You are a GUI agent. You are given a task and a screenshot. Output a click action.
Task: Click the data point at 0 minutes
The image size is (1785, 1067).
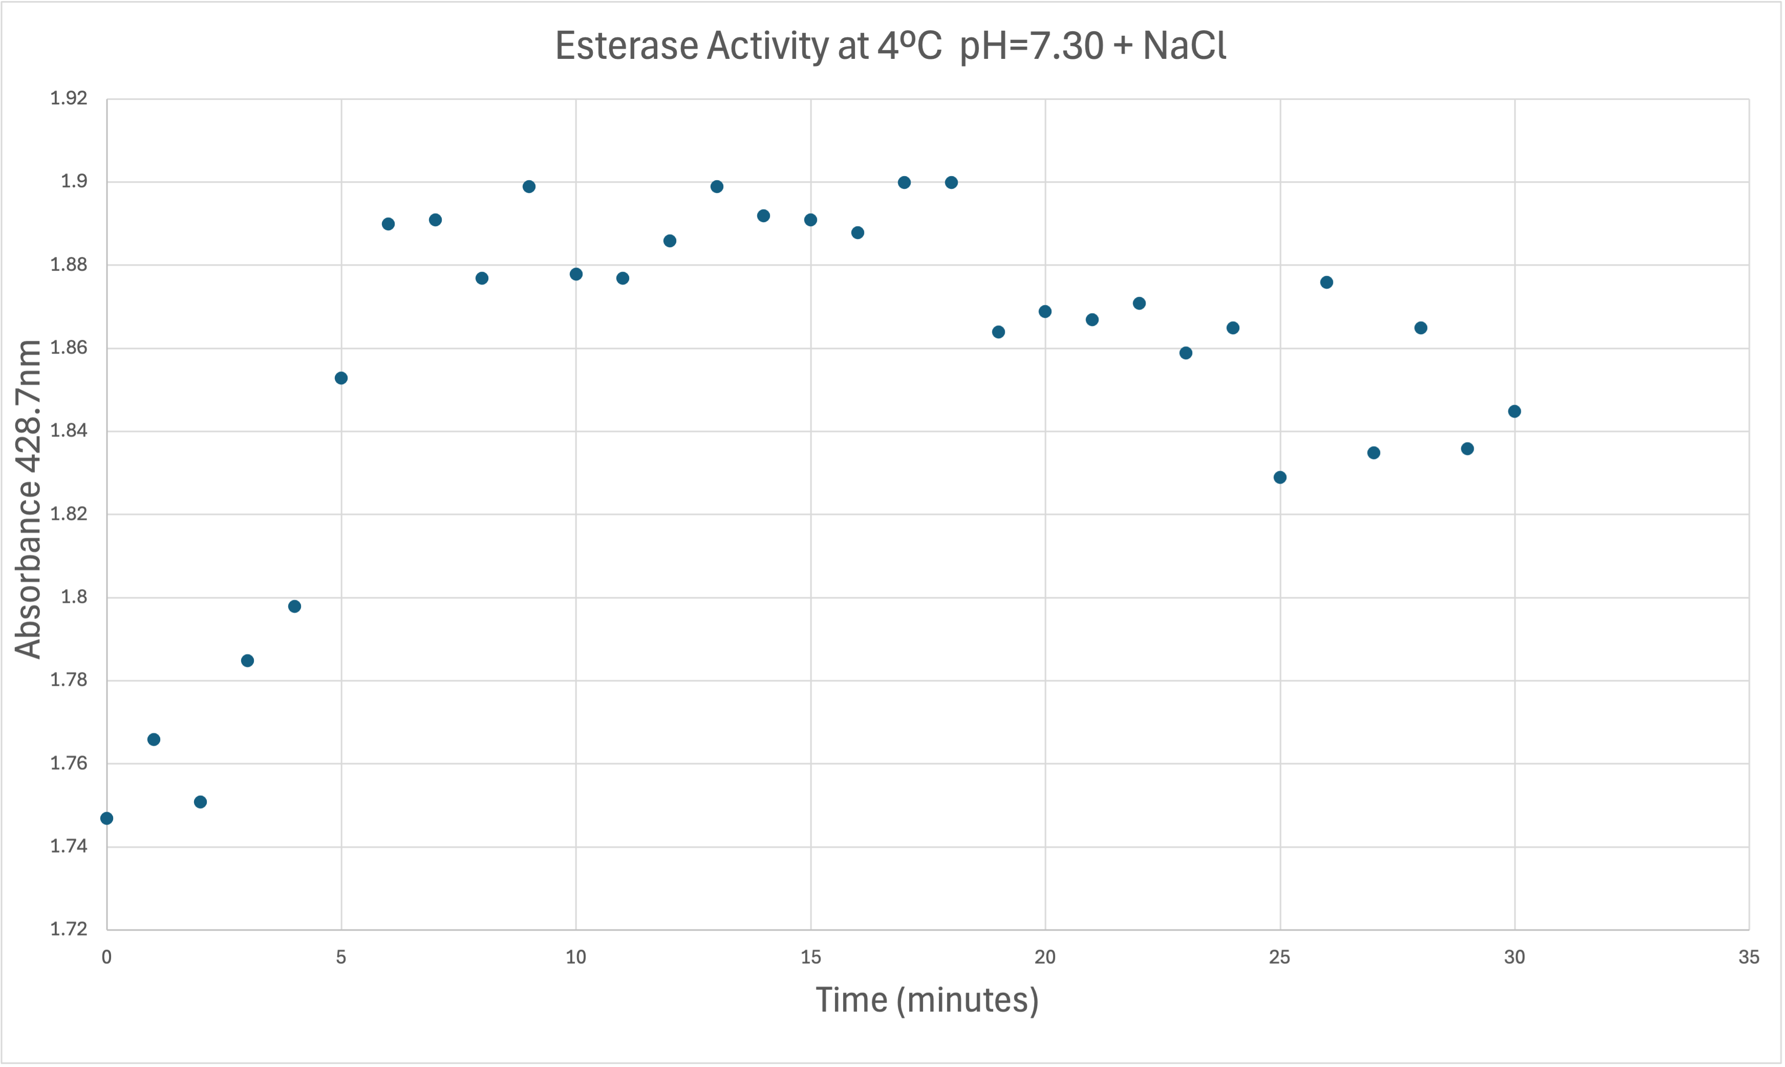[x=106, y=818]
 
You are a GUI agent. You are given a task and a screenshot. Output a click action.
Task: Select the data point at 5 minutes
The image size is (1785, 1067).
[x=341, y=378]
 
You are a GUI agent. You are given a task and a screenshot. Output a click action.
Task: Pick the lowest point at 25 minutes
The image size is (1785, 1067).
[x=1279, y=477]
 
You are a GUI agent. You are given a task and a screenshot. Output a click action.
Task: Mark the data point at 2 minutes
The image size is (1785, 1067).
[x=201, y=802]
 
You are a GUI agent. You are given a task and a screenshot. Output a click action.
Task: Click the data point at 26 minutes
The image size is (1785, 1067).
[x=1327, y=282]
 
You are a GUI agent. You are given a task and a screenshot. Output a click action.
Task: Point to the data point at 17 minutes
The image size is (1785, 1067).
[x=904, y=183]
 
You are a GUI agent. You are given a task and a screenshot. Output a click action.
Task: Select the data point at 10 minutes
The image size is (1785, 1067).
[x=576, y=274]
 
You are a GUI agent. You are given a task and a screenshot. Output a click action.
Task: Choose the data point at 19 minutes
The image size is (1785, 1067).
[x=998, y=332]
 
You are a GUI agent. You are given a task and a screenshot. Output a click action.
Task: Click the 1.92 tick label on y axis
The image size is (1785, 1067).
[x=68, y=98]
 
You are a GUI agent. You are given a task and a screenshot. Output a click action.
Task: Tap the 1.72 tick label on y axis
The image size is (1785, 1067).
[x=68, y=929]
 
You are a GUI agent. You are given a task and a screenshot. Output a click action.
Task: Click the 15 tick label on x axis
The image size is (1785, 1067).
[x=810, y=957]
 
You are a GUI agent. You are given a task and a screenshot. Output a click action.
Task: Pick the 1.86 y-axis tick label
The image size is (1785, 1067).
[x=68, y=348]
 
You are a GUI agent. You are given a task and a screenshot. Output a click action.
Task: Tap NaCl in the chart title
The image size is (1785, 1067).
[x=1184, y=46]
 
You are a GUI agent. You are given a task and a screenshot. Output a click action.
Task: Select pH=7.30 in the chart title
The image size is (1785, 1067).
[x=1031, y=46]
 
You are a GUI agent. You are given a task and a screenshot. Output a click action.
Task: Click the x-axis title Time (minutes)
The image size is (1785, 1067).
[x=927, y=1000]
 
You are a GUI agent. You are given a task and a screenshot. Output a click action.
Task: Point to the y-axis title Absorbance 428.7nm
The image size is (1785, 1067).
[x=29, y=499]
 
